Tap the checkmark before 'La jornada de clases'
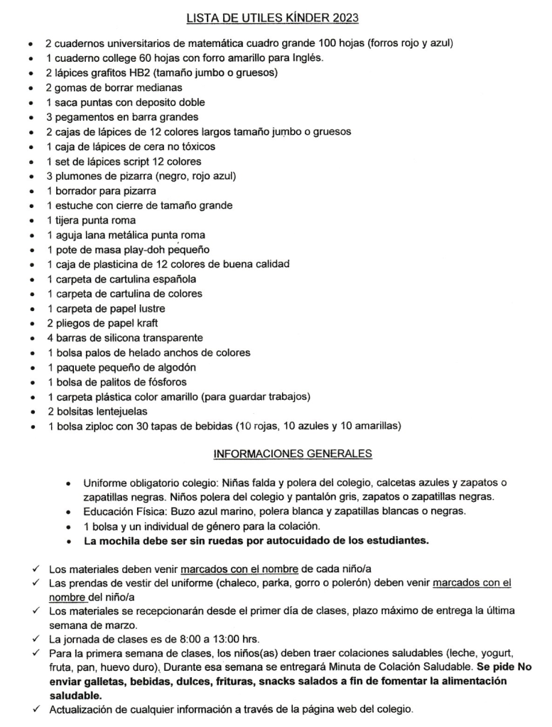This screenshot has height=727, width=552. [35, 639]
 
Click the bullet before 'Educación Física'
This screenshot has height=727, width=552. [68, 511]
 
